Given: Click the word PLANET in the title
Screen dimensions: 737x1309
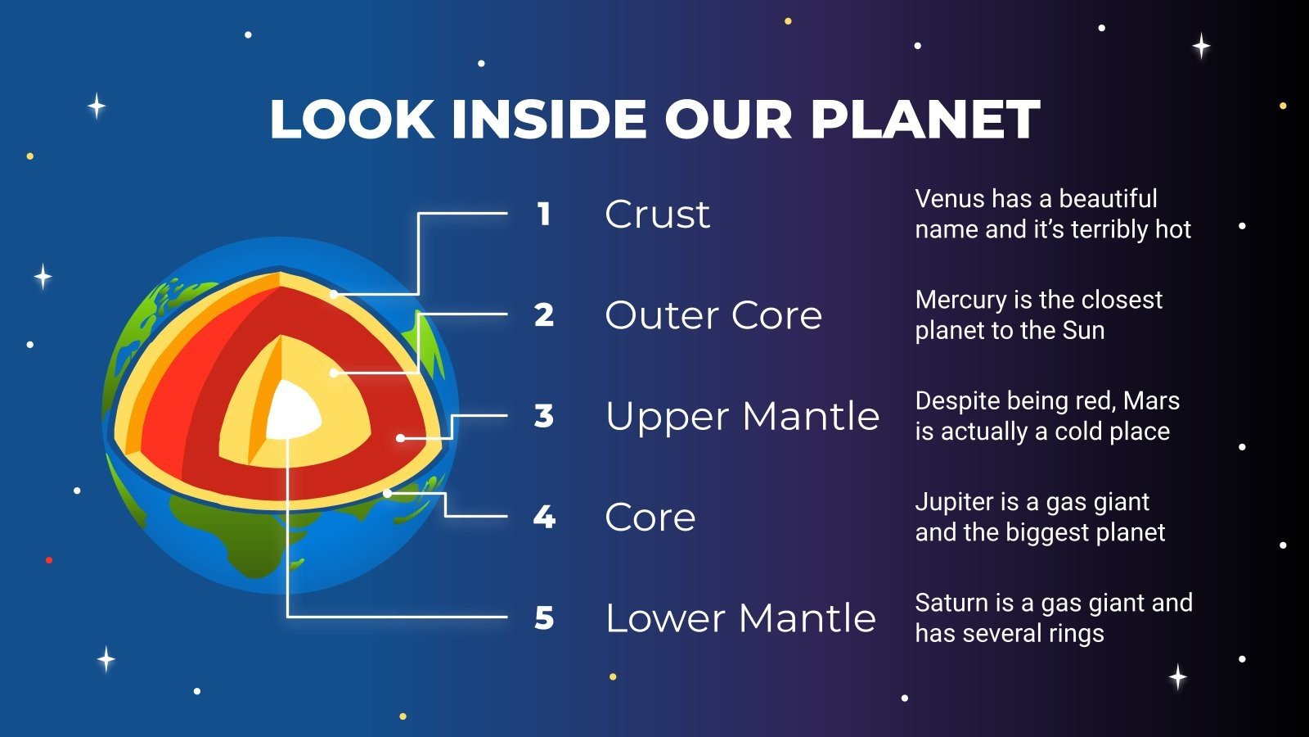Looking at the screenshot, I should (925, 120).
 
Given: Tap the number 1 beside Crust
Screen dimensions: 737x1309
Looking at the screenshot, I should (543, 214).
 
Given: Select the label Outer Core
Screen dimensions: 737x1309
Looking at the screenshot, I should (713, 315).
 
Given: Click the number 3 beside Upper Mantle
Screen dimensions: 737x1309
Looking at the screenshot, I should (544, 416).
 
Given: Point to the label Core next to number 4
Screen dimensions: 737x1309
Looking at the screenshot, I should (650, 518).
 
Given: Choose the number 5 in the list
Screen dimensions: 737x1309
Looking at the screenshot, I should (544, 618).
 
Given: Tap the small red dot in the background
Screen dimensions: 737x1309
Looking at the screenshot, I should (49, 560).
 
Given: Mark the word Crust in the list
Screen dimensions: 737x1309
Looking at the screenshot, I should (657, 215).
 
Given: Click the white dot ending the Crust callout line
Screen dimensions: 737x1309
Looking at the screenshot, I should (334, 294).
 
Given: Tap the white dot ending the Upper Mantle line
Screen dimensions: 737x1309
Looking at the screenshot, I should (400, 438).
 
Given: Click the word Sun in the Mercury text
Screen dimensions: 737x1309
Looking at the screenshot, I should (1083, 330).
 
